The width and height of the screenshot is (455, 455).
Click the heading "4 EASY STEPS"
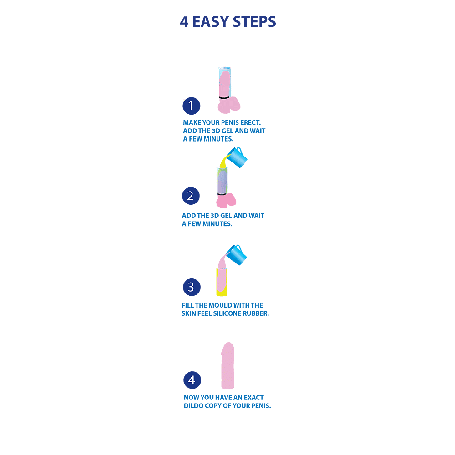(x=228, y=22)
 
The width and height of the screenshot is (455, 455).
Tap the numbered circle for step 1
(x=191, y=106)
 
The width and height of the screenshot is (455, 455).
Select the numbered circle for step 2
(x=191, y=196)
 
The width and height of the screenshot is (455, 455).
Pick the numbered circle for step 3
(x=192, y=287)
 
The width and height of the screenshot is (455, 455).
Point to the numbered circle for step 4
(x=192, y=380)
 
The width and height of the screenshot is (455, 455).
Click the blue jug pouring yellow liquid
(x=237, y=157)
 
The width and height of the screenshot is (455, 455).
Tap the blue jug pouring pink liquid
(x=236, y=255)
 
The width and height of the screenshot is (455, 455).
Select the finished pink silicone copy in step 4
(x=227, y=366)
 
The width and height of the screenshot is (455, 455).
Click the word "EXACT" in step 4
(x=254, y=398)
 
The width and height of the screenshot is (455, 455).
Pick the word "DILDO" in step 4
(x=193, y=406)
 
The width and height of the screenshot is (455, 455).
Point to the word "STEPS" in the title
(x=254, y=22)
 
